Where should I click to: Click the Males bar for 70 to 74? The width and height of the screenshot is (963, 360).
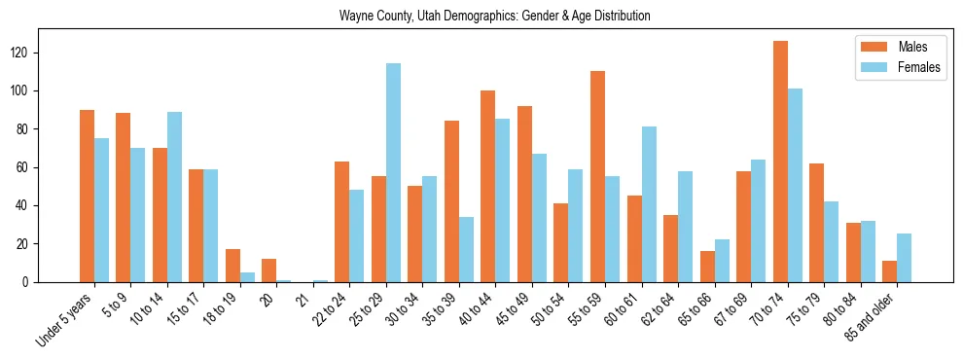[x=780, y=162]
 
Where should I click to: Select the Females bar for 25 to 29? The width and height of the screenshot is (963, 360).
[x=393, y=173]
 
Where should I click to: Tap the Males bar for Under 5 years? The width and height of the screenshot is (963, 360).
[x=87, y=197]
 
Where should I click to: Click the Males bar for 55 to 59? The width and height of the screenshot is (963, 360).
[x=597, y=177]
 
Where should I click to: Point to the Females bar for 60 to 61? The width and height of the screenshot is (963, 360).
[x=649, y=204]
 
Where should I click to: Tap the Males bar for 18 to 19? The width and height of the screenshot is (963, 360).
[x=232, y=266]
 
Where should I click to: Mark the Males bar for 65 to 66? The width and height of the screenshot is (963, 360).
[x=707, y=267]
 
